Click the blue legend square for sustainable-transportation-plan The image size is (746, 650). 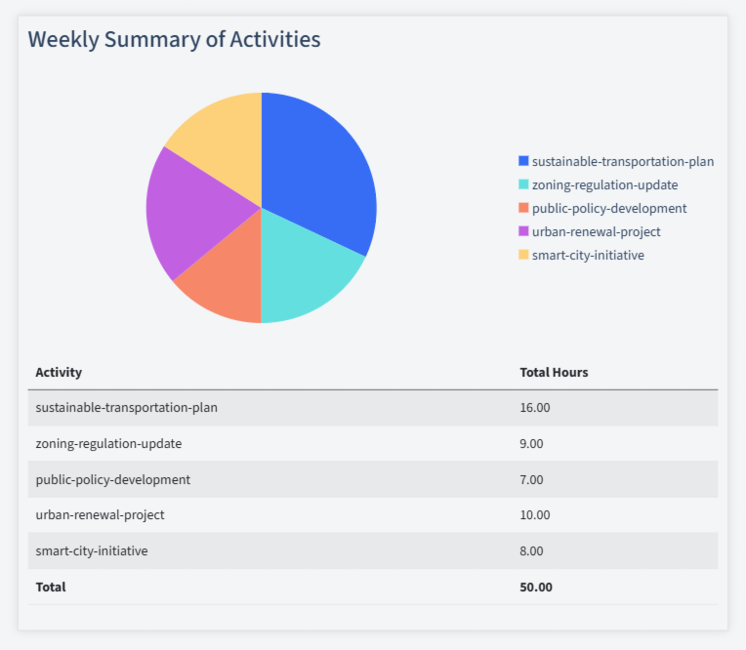[523, 161]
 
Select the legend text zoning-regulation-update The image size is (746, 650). [604, 184]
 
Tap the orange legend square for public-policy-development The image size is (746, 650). [523, 208]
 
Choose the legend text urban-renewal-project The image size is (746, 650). [596, 231]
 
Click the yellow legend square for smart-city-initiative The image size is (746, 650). [523, 255]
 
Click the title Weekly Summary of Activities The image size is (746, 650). [174, 39]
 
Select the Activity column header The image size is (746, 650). [59, 372]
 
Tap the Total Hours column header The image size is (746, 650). [554, 372]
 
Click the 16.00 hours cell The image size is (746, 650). [535, 408]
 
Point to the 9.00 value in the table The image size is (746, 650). [532, 443]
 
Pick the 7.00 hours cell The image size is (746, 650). [532, 479]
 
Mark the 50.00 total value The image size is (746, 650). [536, 587]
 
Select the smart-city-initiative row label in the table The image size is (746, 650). [92, 550]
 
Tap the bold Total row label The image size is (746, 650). [51, 587]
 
